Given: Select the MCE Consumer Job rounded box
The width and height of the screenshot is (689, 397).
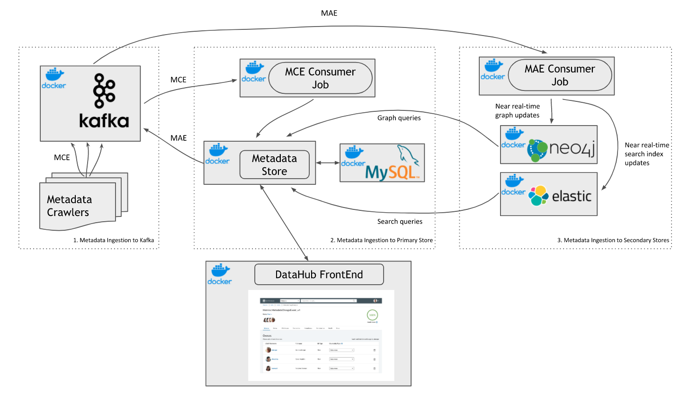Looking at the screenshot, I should tap(320, 78).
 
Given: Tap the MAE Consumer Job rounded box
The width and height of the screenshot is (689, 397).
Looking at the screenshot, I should tap(559, 75).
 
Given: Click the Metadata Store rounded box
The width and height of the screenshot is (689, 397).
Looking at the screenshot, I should tap(274, 164).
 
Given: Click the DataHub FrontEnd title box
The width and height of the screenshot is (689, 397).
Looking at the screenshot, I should tap(319, 275).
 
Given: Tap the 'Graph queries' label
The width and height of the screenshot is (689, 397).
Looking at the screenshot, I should tap(399, 118).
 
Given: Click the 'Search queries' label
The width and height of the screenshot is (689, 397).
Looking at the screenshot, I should tap(400, 221).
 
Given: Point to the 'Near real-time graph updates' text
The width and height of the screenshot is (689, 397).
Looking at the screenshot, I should tap(517, 110).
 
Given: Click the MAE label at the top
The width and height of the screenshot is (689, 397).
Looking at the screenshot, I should tap(329, 13).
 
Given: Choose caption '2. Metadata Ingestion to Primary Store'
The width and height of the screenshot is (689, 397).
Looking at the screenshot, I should tap(381, 240).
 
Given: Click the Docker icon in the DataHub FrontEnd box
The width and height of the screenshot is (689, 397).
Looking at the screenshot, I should tap(219, 274).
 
